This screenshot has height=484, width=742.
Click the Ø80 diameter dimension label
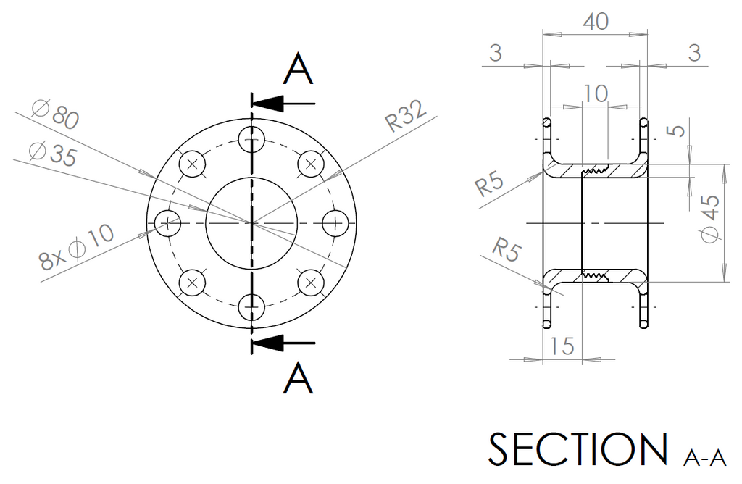55,114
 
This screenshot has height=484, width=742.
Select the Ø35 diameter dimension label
52,153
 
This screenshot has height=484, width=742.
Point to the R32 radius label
406,117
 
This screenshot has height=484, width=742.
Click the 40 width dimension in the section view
596,21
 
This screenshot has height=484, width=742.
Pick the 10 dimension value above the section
595,93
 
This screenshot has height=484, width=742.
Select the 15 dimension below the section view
562,346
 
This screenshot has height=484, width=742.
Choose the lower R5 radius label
507,249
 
